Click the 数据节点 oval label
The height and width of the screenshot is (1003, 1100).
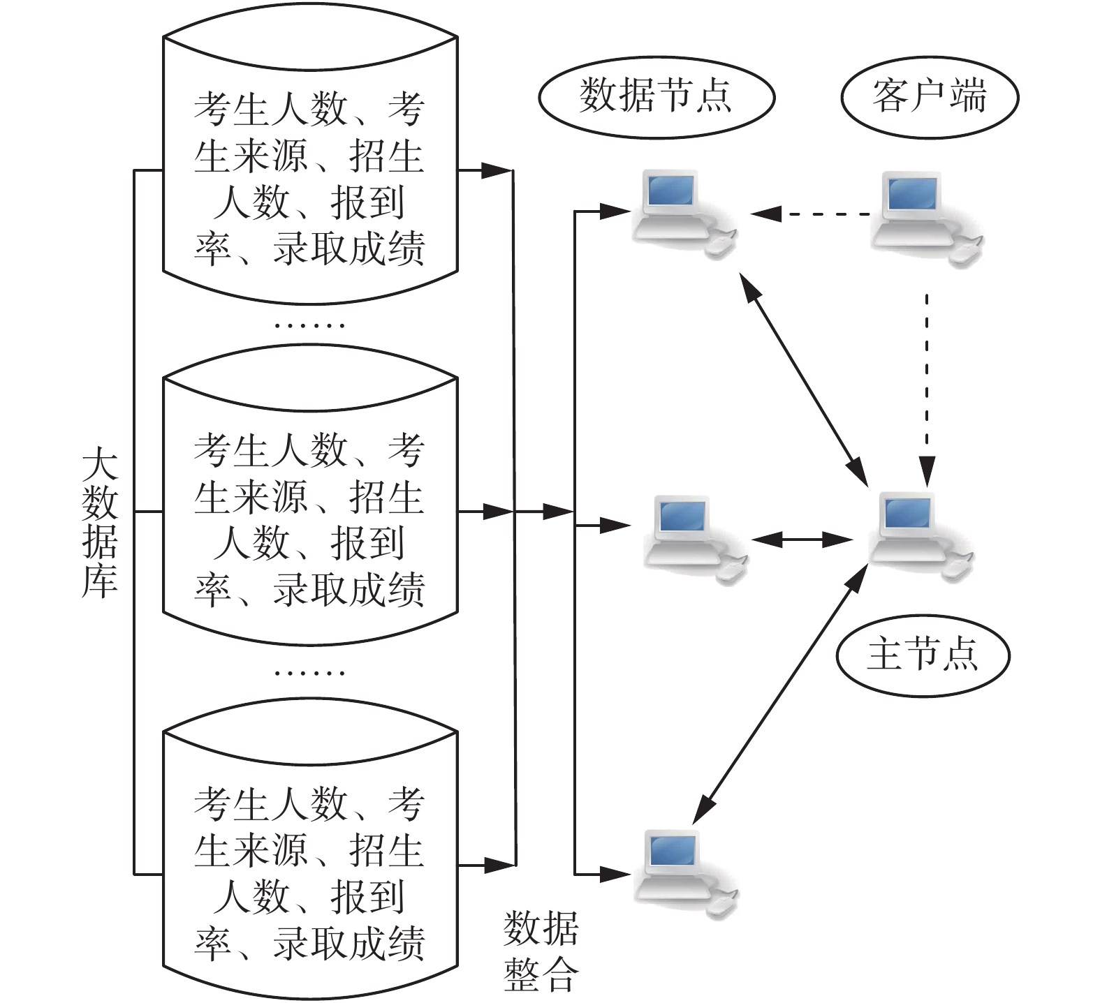656,97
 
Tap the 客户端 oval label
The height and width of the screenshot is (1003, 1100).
929,97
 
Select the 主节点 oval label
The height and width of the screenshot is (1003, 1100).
923,655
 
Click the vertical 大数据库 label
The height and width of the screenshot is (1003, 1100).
100,523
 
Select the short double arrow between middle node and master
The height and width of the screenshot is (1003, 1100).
803,540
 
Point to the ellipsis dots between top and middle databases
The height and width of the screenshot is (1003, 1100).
309,325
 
